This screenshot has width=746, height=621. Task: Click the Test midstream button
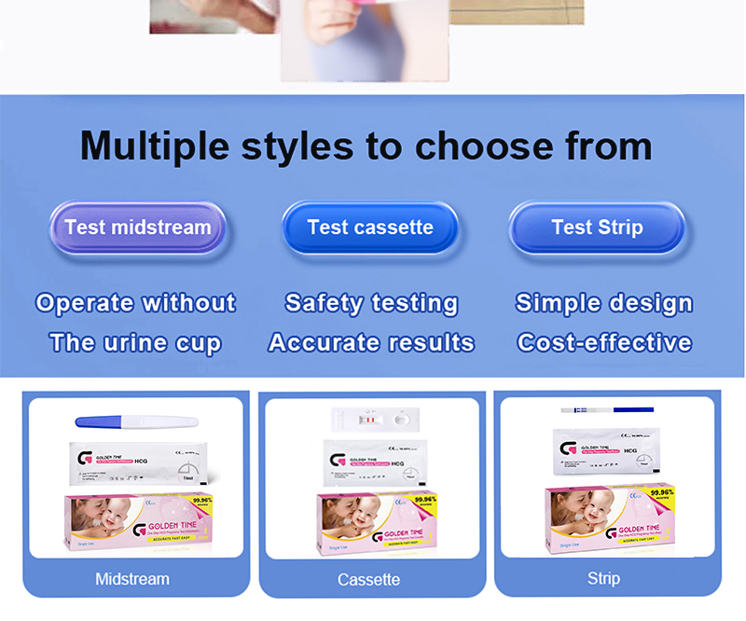coord(138,228)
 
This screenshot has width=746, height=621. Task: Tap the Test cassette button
coord(370,228)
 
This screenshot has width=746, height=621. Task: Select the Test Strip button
coord(597,228)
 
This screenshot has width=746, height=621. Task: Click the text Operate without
coord(136,303)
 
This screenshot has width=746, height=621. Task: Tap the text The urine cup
coord(136,342)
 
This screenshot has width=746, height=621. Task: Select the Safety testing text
coord(371,303)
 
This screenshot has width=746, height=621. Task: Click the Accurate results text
coord(371,342)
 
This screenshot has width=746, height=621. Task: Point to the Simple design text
coord(604,303)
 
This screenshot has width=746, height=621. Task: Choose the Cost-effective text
coord(604,342)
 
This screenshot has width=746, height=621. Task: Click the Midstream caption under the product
coord(132,579)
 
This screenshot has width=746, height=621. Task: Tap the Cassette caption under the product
coord(368,580)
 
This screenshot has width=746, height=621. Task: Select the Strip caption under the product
coord(603,579)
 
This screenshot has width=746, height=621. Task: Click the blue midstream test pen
coord(136,421)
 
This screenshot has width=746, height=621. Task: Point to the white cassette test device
coord(377,421)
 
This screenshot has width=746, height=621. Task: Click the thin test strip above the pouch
coord(607,408)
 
